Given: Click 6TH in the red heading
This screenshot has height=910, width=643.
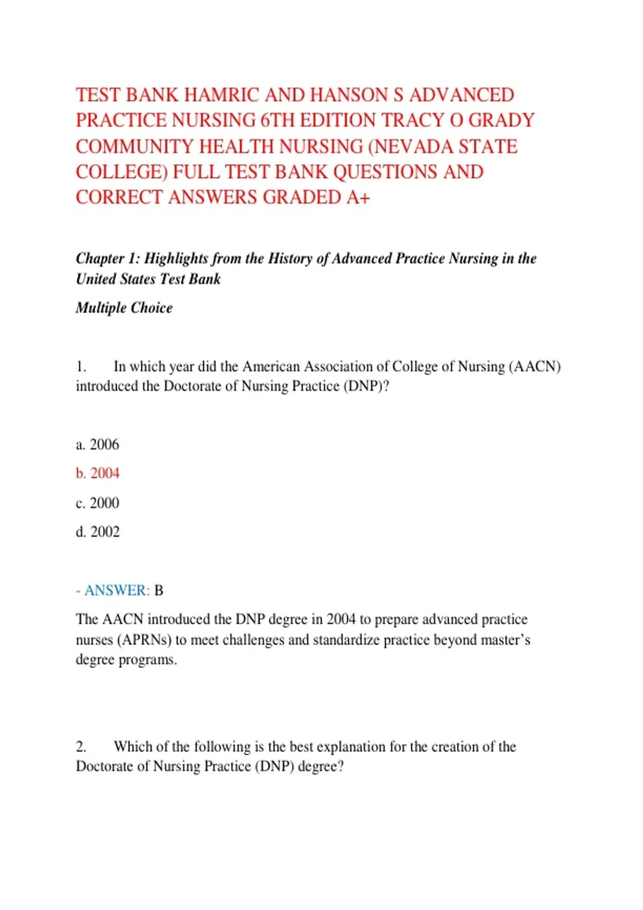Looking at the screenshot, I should coord(278,121).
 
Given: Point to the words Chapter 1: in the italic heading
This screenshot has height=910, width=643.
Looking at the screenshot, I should coord(107,259).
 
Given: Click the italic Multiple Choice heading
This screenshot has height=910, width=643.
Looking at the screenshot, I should coord(124,308).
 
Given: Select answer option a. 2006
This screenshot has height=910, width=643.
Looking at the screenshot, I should coord(98,445).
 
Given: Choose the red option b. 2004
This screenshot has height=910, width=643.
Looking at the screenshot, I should coord(98,474).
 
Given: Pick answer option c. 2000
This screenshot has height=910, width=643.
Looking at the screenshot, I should coord(98,503).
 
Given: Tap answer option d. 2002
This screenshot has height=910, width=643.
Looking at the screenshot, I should coord(98,532).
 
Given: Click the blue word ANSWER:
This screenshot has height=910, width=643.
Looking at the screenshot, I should coord(117,590).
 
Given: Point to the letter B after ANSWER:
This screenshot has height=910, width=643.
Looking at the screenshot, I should coord(159,590).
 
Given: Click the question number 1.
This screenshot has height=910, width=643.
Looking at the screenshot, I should coord(81,367).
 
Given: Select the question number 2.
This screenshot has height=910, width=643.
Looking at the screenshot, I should coord(81,747).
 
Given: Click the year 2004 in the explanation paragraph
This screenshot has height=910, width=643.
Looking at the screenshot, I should coord(341,620).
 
